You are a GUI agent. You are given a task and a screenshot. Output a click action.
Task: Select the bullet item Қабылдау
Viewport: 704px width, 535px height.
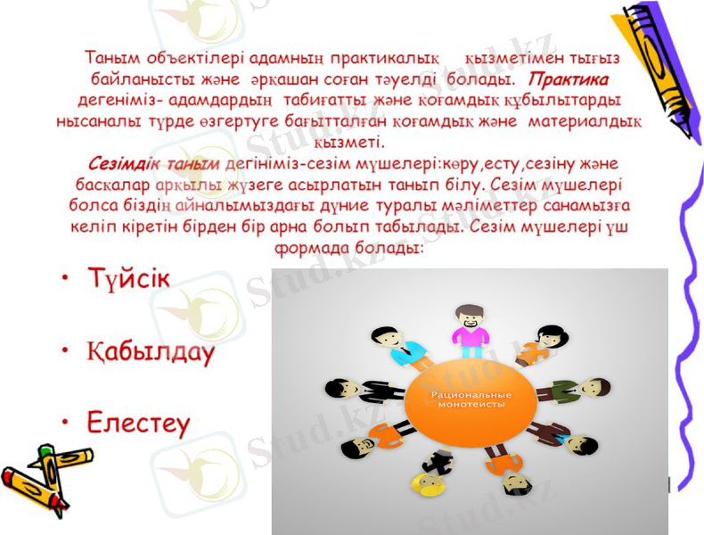[151, 351]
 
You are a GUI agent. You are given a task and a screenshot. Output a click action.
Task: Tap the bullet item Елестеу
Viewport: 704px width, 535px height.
[138, 422]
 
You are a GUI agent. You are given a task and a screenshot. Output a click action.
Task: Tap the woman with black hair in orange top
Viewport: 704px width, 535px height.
[538, 343]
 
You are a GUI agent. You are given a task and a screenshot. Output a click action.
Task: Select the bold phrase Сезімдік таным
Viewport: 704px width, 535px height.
[154, 165]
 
